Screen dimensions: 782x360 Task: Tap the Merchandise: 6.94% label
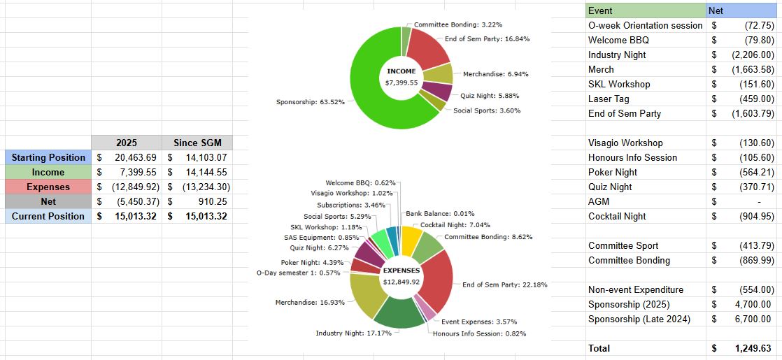(495, 74)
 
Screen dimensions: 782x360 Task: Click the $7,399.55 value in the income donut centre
(401, 82)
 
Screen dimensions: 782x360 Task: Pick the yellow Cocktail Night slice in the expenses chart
(411, 236)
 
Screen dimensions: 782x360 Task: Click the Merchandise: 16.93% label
(310, 302)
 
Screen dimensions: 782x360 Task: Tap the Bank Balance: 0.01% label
(440, 213)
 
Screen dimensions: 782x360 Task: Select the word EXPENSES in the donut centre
(401, 271)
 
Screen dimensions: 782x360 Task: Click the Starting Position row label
(48, 157)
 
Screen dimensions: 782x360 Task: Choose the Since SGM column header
(197, 143)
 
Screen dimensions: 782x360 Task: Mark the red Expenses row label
(48, 187)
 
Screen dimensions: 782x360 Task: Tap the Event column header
(600, 10)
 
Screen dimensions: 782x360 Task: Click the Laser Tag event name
(609, 99)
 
